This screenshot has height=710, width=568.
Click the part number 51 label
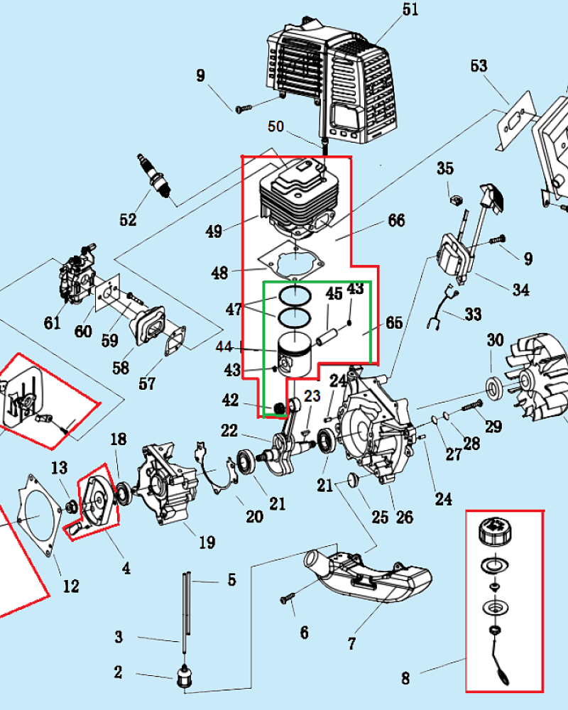pos(410,10)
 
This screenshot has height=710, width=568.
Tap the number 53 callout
pos(479,66)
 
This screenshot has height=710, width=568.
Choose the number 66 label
pos(396,221)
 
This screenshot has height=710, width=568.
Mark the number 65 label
pos(393,323)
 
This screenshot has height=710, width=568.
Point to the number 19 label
pos(206,543)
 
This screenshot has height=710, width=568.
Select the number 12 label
pos(71,586)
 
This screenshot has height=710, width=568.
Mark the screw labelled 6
pos(288,600)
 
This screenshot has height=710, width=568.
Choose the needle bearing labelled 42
pos(279,408)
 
